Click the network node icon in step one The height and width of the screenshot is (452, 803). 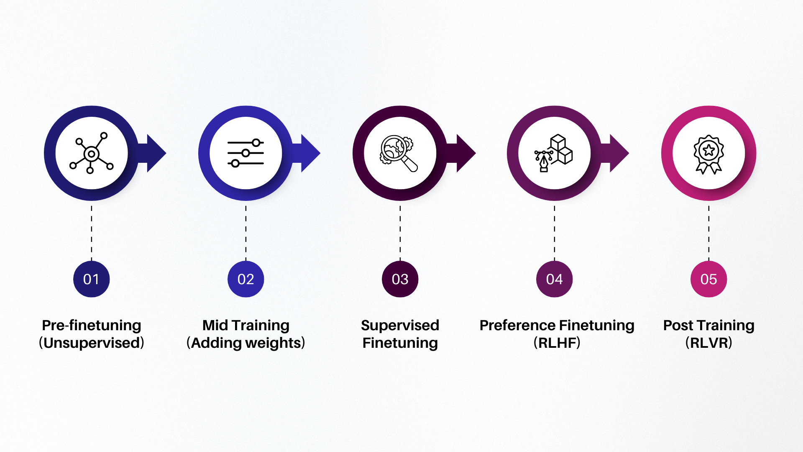tap(91, 153)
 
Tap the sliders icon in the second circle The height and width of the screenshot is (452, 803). tap(246, 153)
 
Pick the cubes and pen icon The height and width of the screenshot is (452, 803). tap(554, 153)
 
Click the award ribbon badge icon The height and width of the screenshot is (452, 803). tap(708, 153)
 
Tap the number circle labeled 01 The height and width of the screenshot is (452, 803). tap(91, 279)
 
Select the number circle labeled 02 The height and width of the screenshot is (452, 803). tap(246, 279)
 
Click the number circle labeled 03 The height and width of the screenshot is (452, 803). tap(400, 279)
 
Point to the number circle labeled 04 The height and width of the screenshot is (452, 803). tap(554, 279)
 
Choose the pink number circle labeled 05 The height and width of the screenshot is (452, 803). tap(708, 279)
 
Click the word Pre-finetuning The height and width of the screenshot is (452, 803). tap(91, 325)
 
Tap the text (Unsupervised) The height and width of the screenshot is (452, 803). tap(91, 343)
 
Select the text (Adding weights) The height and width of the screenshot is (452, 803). tap(246, 343)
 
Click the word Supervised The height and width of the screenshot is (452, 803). tap(400, 325)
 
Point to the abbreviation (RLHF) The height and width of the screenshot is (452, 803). tap(557, 343)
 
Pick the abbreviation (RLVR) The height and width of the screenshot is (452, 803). tap(708, 343)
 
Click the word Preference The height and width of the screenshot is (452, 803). tap(517, 325)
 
